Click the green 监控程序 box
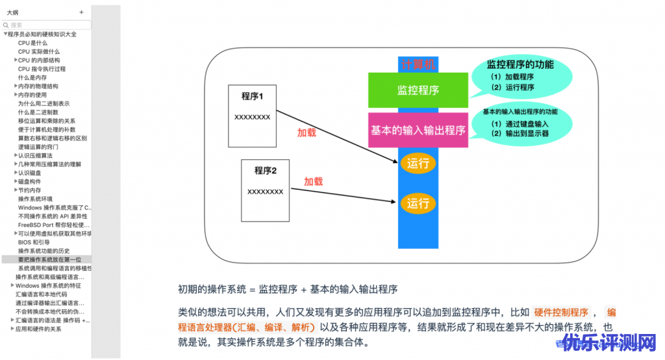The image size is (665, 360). pyautogui.click(x=418, y=90)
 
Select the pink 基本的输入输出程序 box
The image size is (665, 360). pyautogui.click(x=418, y=130)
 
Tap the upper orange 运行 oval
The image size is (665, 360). pyautogui.click(x=418, y=163)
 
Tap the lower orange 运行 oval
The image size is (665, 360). pyautogui.click(x=418, y=203)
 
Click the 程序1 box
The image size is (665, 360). pyautogui.click(x=252, y=113)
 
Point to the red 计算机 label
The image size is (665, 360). pyautogui.click(x=419, y=64)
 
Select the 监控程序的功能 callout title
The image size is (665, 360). pyautogui.click(x=520, y=64)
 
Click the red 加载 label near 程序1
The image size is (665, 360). pyautogui.click(x=307, y=133)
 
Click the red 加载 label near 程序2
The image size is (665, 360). pyautogui.click(x=313, y=181)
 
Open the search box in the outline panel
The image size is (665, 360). pyautogui.click(x=47, y=25)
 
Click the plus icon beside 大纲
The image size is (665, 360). pyautogui.click(x=81, y=12)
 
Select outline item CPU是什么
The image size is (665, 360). pyautogui.click(x=32, y=43)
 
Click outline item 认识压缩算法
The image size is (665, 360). pyautogui.click(x=35, y=155)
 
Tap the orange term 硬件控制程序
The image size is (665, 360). pyautogui.click(x=561, y=313)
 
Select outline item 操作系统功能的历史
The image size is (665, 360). pyautogui.click(x=44, y=251)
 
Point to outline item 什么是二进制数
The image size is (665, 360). pyautogui.click(x=38, y=112)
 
